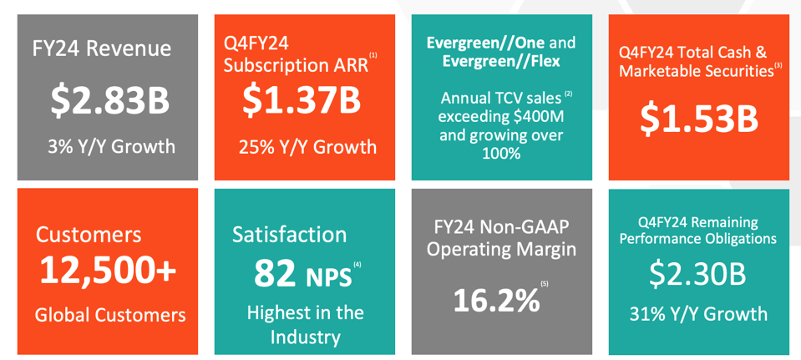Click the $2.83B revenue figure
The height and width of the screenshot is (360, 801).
pos(109,100)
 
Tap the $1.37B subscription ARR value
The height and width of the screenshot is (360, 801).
pos(302,99)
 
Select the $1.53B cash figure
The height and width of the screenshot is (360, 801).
pos(699,118)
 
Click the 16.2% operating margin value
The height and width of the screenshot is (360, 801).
pos(495,300)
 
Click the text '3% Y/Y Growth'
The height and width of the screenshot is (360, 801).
pos(112,147)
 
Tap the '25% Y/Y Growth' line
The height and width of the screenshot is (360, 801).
pos(307,147)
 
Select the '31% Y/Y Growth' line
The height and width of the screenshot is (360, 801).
pos(698,314)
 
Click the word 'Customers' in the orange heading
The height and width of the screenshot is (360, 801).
pos(89,235)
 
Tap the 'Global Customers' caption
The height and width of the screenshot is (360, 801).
pos(110,315)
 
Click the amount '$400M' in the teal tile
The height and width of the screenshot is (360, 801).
pos(529,117)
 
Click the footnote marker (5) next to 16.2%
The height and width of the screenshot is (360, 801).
pos(545,284)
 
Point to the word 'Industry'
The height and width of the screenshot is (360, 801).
pos(306,337)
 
